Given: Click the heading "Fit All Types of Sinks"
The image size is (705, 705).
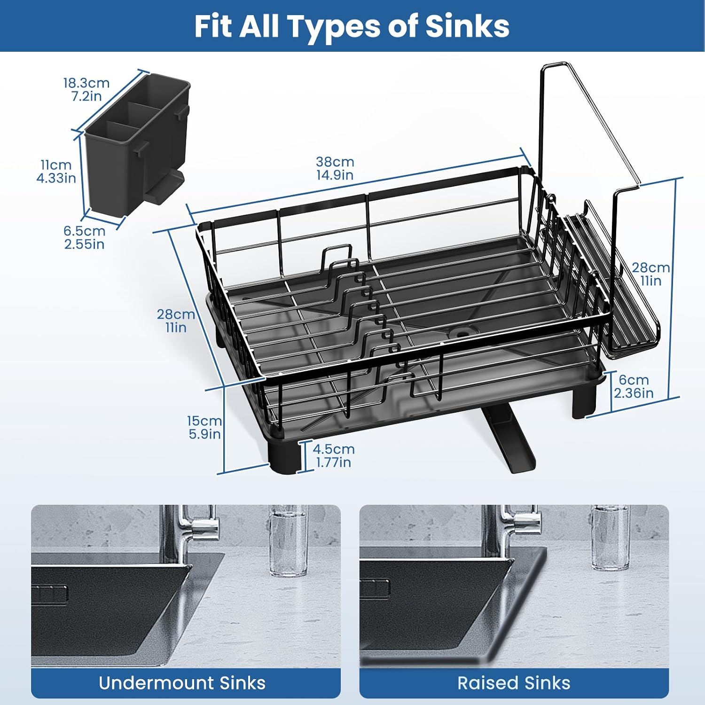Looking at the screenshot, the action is pyautogui.click(x=352, y=26).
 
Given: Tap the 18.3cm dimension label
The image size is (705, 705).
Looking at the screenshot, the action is pyautogui.click(x=86, y=83).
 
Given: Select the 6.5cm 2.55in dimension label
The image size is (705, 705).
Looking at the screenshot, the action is pyautogui.click(x=85, y=237).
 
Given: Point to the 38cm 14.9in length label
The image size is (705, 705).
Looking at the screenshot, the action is pyautogui.click(x=335, y=168).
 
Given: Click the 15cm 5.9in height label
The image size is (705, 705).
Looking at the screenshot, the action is pyautogui.click(x=204, y=427).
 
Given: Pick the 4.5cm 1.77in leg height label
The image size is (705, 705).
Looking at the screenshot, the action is pyautogui.click(x=334, y=455).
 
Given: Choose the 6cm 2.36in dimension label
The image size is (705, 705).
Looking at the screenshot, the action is pyautogui.click(x=634, y=386).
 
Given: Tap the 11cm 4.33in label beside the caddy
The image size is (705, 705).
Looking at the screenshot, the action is pyautogui.click(x=56, y=171).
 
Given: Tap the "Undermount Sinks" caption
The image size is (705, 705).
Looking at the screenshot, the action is pyautogui.click(x=182, y=683).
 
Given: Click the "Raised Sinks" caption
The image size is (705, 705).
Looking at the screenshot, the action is pyautogui.click(x=514, y=683).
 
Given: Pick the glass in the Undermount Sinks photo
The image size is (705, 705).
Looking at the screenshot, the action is pyautogui.click(x=288, y=540).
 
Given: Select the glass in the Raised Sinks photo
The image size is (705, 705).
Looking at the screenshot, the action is pyautogui.click(x=610, y=538).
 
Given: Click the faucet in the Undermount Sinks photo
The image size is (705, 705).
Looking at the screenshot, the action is pyautogui.click(x=188, y=531).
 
